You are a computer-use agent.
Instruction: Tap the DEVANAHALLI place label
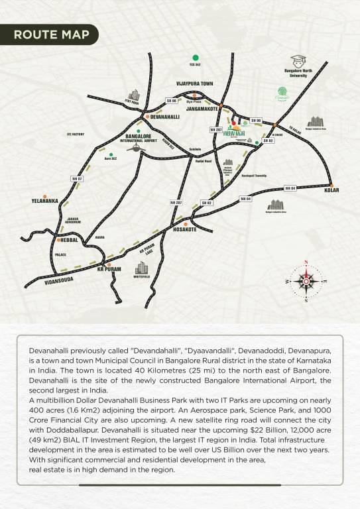166,116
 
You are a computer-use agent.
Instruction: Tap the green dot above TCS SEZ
195,58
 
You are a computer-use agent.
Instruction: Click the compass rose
306,280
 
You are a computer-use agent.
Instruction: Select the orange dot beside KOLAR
331,184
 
